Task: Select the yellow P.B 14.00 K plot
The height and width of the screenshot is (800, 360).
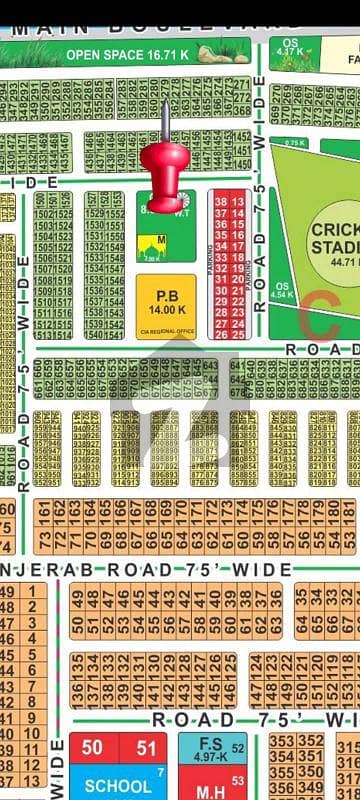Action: coord(165,301)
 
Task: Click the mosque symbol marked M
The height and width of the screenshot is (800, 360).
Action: coord(152,245)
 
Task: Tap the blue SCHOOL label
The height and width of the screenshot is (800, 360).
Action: coord(117,786)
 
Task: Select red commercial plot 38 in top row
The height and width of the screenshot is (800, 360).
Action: coord(221,202)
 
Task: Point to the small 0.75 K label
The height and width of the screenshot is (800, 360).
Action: coord(294,144)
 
